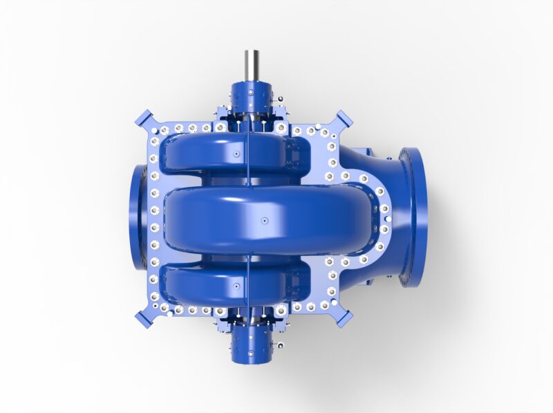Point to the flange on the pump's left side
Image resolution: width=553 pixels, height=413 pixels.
pyautogui.click(x=137, y=217)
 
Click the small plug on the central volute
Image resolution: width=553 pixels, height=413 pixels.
pyautogui.click(x=264, y=221)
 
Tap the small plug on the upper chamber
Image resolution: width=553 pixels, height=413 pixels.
pyautogui.click(x=236, y=152)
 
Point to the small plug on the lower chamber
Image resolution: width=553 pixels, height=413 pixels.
pyautogui.click(x=236, y=285)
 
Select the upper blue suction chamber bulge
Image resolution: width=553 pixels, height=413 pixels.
pyautogui.click(x=207, y=154)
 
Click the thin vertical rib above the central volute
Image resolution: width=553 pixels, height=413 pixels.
pyautogui.click(x=247, y=166)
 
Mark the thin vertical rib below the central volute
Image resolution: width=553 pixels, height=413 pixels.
pyautogui.click(x=247, y=270)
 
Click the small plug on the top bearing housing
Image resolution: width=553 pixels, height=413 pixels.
pyautogui.click(x=250, y=92)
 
